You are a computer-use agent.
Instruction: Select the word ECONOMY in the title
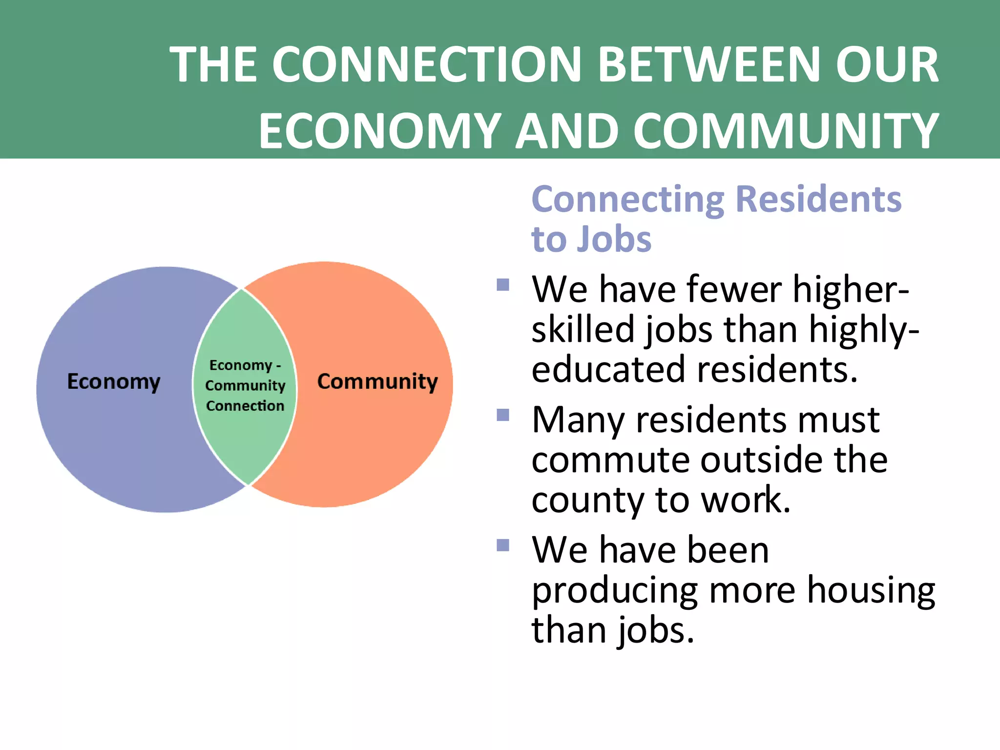[x=380, y=131]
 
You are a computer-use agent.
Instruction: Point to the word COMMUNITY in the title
[x=786, y=131]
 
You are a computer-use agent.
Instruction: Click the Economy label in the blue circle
[x=114, y=381]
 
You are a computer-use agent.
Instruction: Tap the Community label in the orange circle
[x=377, y=381]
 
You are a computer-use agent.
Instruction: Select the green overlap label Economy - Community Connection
[x=245, y=385]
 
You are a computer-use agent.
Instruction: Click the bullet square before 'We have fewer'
[x=503, y=285]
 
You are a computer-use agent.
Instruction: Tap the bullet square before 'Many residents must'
[x=503, y=415]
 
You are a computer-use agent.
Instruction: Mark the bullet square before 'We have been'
[x=503, y=545]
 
